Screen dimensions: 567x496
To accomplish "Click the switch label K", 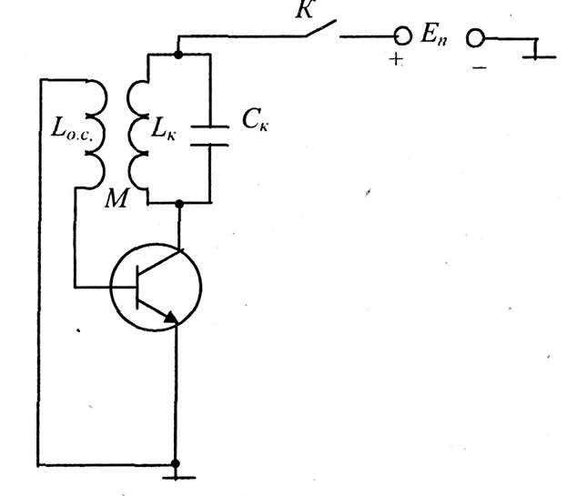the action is pyautogui.click(x=305, y=9).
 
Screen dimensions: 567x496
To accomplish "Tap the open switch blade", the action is pyautogui.click(x=321, y=28).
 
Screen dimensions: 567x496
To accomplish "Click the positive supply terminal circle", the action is pyautogui.click(x=402, y=35).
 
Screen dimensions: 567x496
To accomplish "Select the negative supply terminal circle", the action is pyautogui.click(x=475, y=37).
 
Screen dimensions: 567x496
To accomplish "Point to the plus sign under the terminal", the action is pyautogui.click(x=397, y=59).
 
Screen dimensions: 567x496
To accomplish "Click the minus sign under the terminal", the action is pyautogui.click(x=480, y=67).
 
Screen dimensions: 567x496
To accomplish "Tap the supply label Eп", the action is pyautogui.click(x=434, y=35).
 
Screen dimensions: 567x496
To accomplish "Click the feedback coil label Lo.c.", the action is pyautogui.click(x=73, y=128).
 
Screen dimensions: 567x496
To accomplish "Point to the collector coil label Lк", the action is pyautogui.click(x=164, y=128).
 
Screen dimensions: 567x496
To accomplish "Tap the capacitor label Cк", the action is pyautogui.click(x=256, y=120).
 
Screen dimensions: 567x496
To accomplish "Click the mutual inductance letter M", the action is pyautogui.click(x=116, y=198).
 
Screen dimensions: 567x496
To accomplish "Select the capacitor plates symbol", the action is pyautogui.click(x=209, y=136).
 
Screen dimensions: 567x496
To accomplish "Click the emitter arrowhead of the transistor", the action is pyautogui.click(x=171, y=318).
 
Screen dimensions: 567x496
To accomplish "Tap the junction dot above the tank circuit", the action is pyautogui.click(x=177, y=55).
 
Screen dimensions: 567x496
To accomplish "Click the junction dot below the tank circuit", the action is pyautogui.click(x=179, y=204).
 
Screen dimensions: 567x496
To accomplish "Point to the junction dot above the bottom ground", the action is pyautogui.click(x=176, y=463).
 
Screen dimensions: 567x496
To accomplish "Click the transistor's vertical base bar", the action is pyautogui.click(x=137, y=288).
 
